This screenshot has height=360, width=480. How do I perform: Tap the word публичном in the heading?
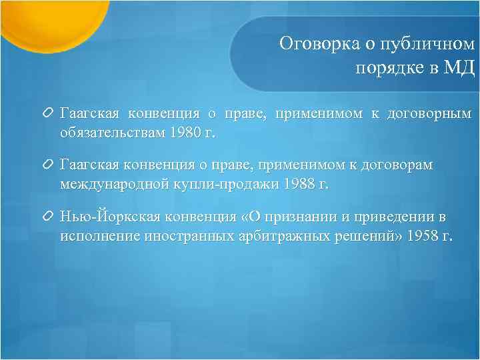tap(428, 44)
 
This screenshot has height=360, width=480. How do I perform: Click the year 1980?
tap(185, 131)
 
